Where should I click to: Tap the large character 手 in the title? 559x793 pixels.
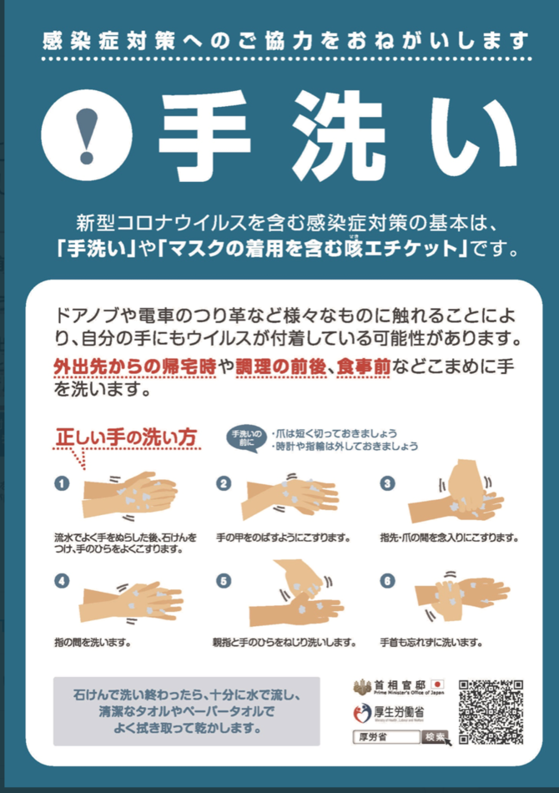[x=204, y=137]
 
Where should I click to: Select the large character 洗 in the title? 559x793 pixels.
[x=339, y=137]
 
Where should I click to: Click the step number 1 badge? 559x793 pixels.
[x=62, y=483]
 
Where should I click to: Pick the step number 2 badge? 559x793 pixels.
[x=224, y=483]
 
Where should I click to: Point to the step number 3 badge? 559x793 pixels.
[x=387, y=483]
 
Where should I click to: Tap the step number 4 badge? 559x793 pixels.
[x=62, y=581]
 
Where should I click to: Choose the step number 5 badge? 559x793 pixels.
[x=224, y=581]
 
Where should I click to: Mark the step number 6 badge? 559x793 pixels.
[x=387, y=581]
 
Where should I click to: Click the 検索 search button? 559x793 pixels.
[x=435, y=737]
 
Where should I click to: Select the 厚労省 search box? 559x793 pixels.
[x=386, y=737]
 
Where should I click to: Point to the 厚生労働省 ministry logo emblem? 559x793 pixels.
[x=362, y=713]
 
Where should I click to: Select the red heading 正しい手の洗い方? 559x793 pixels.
[x=126, y=437]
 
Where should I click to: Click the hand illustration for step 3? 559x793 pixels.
[x=457, y=492]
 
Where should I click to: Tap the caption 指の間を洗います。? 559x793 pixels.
[x=93, y=642]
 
